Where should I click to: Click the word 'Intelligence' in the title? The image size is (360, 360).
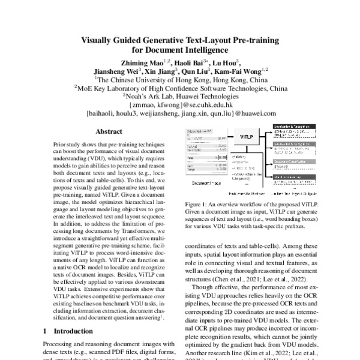click(203, 50)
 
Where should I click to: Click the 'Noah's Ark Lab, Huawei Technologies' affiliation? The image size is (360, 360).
click(181, 95)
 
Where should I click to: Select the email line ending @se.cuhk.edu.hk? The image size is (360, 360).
click(181, 104)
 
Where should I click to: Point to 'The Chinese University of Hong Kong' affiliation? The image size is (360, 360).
click(181, 79)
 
